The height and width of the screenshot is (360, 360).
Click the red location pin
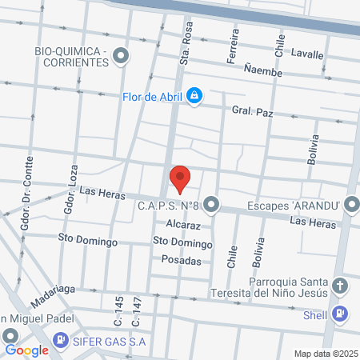pyautogui.click(x=181, y=178)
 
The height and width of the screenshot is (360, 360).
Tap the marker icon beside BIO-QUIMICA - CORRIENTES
pyautogui.click(x=121, y=56)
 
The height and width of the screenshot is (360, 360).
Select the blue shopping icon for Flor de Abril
pyautogui.click(x=194, y=98)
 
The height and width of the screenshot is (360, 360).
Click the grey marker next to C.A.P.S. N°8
pyautogui.click(x=211, y=206)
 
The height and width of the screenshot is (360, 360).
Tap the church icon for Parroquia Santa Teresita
pyautogui.click(x=339, y=286)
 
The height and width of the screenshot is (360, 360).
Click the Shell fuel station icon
pyautogui.click(x=339, y=314)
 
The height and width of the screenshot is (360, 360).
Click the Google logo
pyautogui.click(x=26, y=350)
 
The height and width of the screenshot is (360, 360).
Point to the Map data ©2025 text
pyautogui.click(x=325, y=354)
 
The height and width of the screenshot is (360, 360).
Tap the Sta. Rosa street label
pyautogui.click(x=184, y=50)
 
